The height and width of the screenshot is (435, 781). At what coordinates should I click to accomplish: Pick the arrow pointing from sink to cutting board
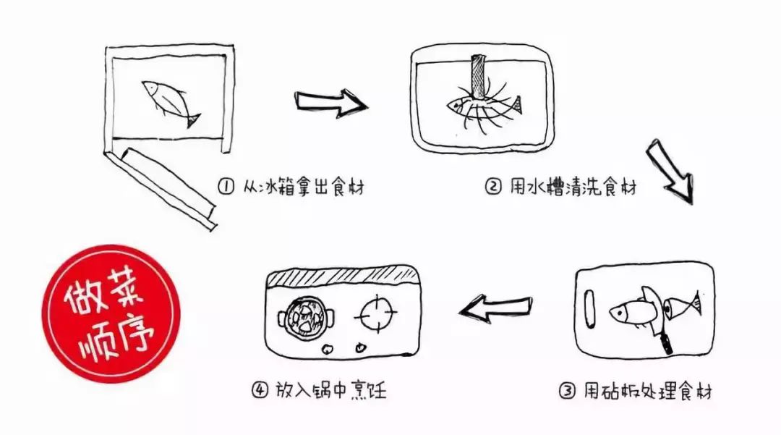point(669,170)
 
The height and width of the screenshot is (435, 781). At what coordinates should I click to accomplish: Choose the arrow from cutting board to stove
point(497,309)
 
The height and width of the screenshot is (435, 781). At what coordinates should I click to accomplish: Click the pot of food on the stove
point(307,316)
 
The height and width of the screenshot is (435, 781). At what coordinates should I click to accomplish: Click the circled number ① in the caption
point(225,187)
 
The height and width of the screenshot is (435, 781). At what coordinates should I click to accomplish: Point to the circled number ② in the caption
point(492,187)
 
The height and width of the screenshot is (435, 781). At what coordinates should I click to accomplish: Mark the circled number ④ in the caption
point(260,391)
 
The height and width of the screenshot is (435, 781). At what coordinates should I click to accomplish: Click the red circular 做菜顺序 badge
point(109,313)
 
